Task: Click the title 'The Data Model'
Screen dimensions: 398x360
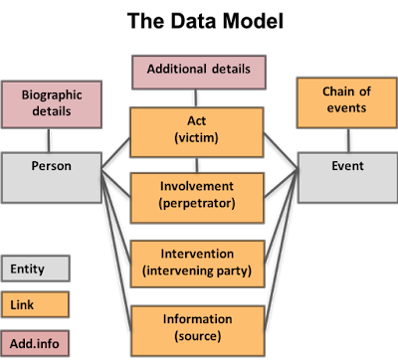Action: (205, 21)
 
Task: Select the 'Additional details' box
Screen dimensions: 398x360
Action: (199, 73)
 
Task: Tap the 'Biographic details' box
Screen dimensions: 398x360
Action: (52, 104)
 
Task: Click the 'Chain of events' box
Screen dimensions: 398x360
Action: (346, 102)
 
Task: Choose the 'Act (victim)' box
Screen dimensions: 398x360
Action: (197, 132)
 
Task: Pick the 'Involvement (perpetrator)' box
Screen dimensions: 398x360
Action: (197, 198)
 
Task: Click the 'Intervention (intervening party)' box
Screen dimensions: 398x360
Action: (197, 264)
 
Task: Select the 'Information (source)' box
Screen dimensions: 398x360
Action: (198, 331)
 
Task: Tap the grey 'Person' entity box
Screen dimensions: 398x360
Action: (52, 178)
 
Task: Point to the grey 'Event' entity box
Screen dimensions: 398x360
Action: (347, 178)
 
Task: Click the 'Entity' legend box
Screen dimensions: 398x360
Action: (36, 269)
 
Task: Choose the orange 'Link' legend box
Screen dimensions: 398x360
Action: (35, 304)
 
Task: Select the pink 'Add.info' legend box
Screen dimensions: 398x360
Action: (35, 343)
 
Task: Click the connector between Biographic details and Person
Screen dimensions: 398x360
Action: (49, 140)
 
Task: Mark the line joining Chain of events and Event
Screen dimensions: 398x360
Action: (348, 140)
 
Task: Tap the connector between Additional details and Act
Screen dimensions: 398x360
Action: (196, 98)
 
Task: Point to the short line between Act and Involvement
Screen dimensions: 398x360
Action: (197, 165)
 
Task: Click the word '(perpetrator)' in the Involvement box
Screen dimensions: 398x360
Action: (197, 203)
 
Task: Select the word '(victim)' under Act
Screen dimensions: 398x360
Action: (196, 137)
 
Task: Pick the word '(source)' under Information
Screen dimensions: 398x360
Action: (198, 336)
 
